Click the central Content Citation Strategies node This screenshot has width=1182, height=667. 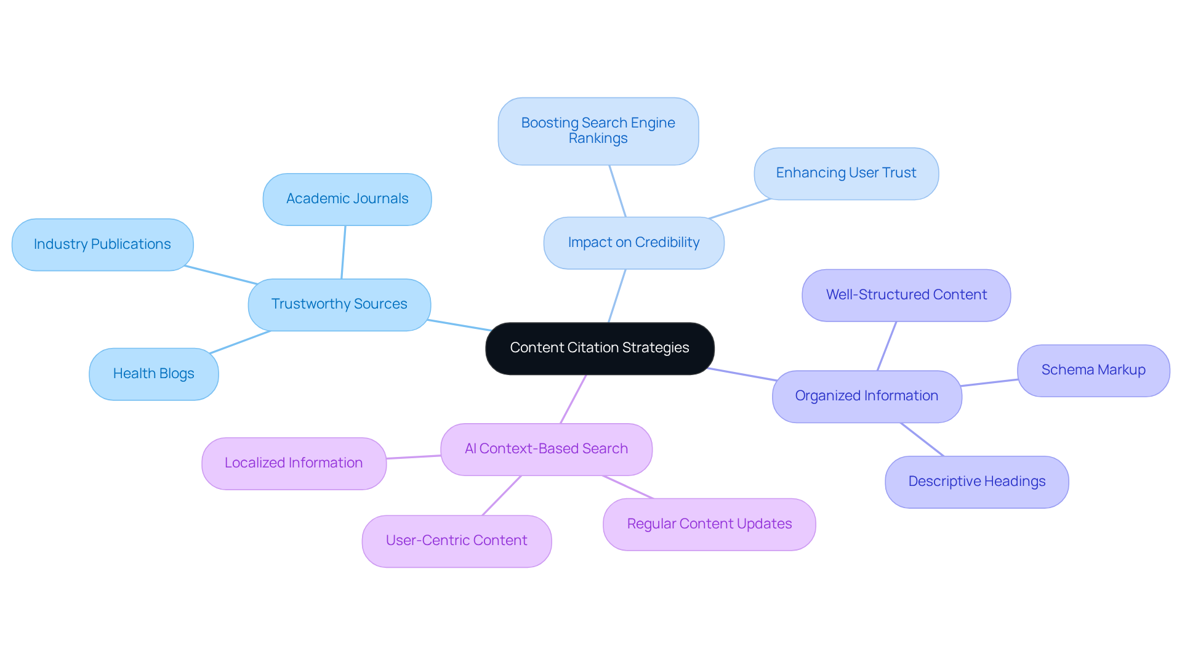pos(599,348)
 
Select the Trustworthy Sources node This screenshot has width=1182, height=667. pos(339,304)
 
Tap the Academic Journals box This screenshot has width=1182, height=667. pos(347,199)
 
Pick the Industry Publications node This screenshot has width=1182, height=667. pos(102,245)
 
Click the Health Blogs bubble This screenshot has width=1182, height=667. pos(153,374)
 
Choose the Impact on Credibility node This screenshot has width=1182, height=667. pos(633,243)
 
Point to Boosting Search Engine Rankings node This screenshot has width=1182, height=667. pos(598,131)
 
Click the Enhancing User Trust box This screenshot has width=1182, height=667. pos(846,173)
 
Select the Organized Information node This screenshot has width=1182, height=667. pos(866,396)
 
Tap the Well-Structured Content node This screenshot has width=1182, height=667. pos(906,295)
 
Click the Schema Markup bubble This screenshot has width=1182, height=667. pos(1093,370)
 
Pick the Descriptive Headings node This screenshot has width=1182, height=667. pos(976,482)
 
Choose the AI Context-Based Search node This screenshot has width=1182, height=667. pos(546,449)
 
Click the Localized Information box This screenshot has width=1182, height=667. pos(294,463)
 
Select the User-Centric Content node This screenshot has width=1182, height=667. pos(456,541)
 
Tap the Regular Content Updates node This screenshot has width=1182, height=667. pos(709,524)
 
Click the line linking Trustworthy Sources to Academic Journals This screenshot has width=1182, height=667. pos(344,252)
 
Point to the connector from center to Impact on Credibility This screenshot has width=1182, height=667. pos(617,296)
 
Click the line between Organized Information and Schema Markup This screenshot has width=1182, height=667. pos(989,383)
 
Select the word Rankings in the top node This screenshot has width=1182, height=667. pos(598,139)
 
